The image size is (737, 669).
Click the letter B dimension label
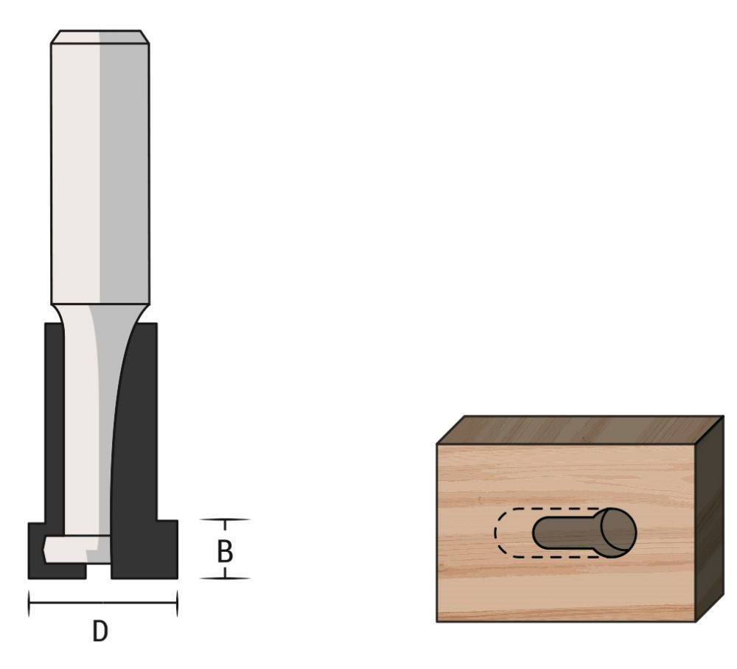click(225, 552)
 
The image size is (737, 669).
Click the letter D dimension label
click(100, 631)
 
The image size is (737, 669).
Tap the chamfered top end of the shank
click(100, 37)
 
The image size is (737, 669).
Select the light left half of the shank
click(74, 169)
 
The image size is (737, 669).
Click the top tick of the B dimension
click(225, 519)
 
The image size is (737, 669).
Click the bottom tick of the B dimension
click(225, 578)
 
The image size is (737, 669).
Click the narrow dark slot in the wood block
click(564, 532)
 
